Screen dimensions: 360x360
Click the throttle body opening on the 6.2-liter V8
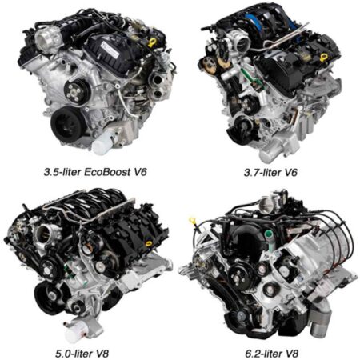pyautogui.click(x=276, y=200)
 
